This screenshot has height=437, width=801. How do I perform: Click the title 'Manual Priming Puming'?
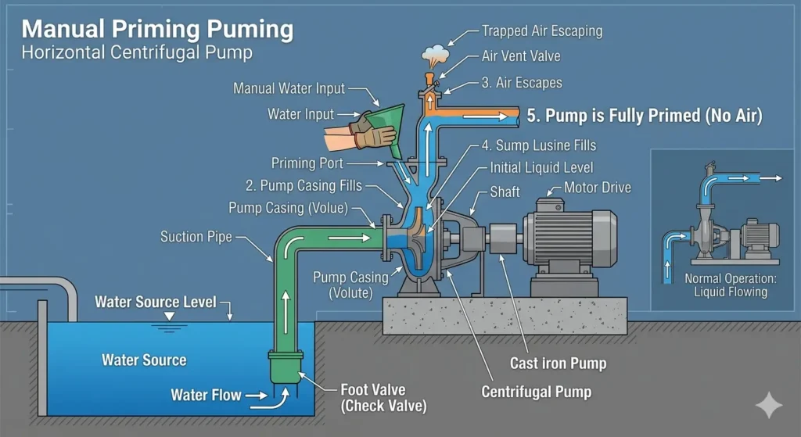coord(157,30)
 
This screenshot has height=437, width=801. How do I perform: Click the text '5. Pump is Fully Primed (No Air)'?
coord(644,116)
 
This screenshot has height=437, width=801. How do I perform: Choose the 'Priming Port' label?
coord(307,163)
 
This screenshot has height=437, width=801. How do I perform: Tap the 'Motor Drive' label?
coord(597,188)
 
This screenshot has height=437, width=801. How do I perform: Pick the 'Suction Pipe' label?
coord(196,236)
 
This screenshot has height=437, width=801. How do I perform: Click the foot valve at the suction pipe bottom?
coord(285,366)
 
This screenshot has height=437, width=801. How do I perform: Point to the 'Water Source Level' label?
coord(155,302)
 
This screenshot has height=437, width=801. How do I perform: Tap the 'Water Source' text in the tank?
coord(144,360)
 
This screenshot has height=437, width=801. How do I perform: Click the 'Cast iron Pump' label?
coord(558,363)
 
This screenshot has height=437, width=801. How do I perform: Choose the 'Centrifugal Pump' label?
coord(536,392)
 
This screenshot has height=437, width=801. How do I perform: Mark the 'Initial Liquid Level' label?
coord(541,167)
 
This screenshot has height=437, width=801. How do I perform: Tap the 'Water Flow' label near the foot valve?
coord(206,395)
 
